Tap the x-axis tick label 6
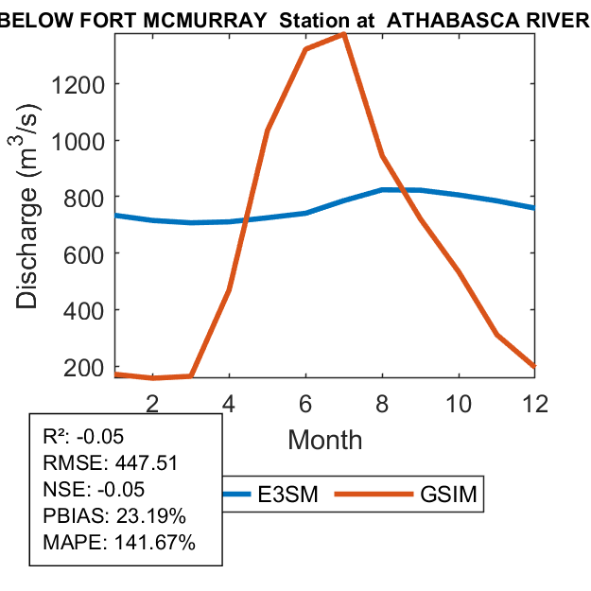[305, 402]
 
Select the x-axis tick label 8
[382, 402]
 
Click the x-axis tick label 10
[459, 402]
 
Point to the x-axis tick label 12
[535, 402]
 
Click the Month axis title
[324, 439]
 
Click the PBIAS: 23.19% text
[114, 516]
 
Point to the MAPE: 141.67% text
[119, 543]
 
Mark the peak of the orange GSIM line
[343, 34]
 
